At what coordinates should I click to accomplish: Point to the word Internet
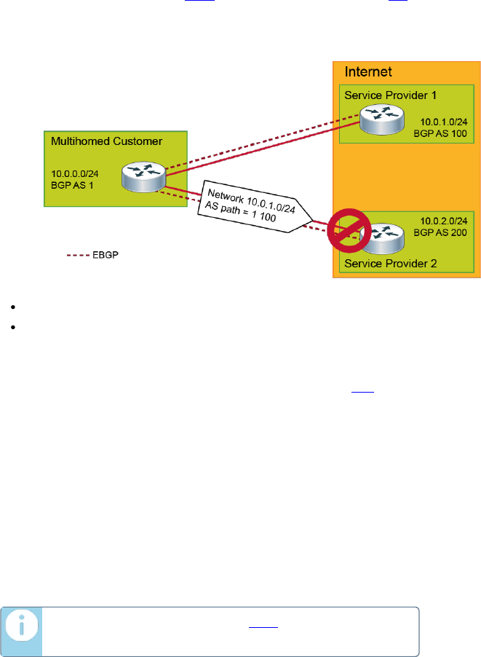tap(367, 71)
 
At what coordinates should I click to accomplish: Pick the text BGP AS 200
tap(440, 234)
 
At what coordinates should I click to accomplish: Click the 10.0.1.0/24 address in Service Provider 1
tap(442, 122)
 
